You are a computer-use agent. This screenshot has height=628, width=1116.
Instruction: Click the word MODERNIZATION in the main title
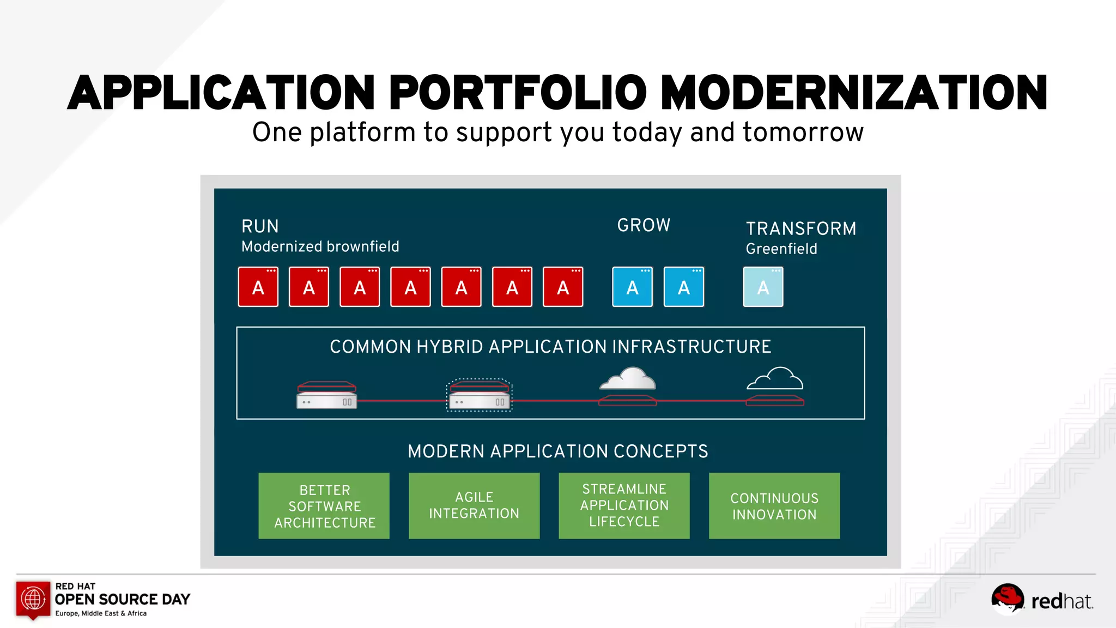coord(854,93)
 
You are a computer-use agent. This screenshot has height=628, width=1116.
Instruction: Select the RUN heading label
coord(260,226)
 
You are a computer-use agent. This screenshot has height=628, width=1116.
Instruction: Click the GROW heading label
coord(644,225)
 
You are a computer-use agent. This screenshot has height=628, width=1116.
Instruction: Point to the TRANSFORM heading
coord(800,228)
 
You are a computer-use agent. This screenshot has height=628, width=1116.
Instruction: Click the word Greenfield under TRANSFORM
coord(781,249)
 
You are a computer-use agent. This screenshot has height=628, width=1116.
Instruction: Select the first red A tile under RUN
coord(258,287)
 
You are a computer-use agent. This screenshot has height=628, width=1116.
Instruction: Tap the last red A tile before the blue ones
coord(563,287)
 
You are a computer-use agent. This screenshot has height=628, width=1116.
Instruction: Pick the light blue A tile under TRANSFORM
coord(763,287)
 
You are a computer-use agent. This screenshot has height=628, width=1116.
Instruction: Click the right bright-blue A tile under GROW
coord(683,287)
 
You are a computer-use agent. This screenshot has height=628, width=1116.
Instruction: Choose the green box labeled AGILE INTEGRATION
coord(474,505)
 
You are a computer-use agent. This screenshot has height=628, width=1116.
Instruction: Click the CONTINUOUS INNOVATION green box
coord(774,505)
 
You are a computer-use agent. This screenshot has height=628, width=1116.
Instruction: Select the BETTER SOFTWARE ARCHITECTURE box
coord(324,505)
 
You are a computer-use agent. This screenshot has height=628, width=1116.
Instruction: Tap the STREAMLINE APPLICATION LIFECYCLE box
coord(624,505)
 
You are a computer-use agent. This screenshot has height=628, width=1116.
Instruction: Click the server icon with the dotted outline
coord(479,395)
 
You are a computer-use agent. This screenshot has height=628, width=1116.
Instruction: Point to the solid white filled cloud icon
coord(628,378)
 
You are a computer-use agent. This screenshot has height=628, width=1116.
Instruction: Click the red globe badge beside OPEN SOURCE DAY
coord(33,599)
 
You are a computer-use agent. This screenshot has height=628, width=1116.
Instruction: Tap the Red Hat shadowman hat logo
coord(1007,598)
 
